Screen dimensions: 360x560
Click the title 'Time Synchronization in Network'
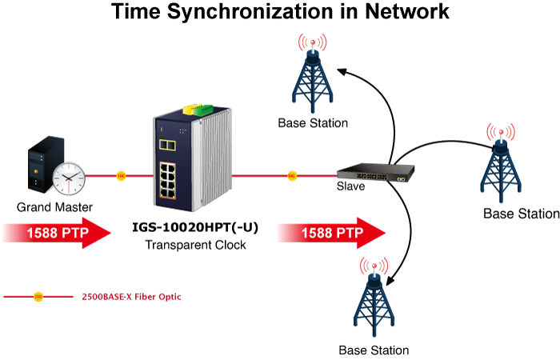(x=280, y=14)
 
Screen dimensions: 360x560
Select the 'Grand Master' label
(x=54, y=207)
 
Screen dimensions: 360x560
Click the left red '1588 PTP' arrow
(x=56, y=234)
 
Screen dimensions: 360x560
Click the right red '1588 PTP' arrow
(x=330, y=233)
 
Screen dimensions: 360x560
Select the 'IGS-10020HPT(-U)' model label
(x=195, y=228)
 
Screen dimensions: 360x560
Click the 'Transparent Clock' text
(x=195, y=245)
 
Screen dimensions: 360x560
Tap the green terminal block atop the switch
(x=204, y=108)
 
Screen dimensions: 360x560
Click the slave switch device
(x=377, y=172)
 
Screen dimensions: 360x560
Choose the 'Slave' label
(x=350, y=186)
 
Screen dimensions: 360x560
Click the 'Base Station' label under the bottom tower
(x=374, y=350)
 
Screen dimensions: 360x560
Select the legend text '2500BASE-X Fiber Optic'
(x=131, y=297)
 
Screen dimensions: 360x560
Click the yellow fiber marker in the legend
(x=38, y=297)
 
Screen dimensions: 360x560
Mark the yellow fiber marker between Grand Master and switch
(x=121, y=174)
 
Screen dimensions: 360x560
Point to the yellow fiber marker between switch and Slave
(x=291, y=174)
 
